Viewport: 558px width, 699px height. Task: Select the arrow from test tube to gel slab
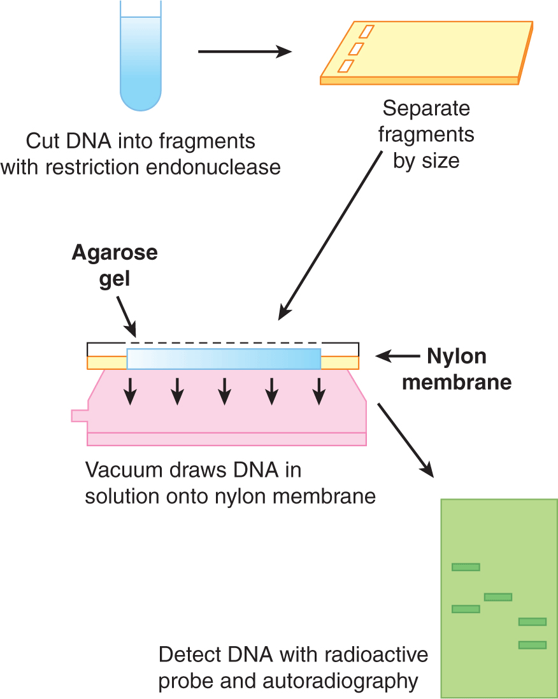click(245, 51)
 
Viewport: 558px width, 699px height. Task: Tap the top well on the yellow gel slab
click(368, 31)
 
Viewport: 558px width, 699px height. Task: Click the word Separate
click(426, 109)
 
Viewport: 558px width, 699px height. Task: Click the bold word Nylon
click(457, 357)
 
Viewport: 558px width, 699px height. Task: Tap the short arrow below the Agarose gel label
click(126, 318)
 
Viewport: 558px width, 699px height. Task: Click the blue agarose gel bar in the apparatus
click(224, 359)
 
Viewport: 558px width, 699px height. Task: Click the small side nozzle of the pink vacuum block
click(79, 416)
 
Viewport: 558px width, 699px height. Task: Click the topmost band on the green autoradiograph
click(466, 567)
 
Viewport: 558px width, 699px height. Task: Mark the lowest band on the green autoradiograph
click(533, 645)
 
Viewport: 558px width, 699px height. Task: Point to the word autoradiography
click(340, 681)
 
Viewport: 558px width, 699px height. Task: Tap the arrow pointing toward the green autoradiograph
click(406, 439)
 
